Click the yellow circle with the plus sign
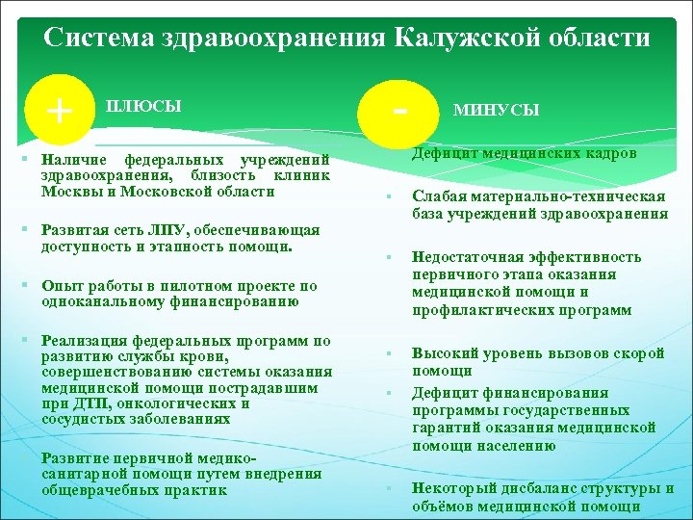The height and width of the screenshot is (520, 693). click(x=61, y=110)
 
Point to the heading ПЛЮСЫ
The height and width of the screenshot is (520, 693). click(x=143, y=104)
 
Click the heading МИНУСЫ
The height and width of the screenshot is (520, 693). click(x=496, y=111)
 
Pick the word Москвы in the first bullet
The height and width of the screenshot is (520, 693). click(x=69, y=191)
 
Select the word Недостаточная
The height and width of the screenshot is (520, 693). click(x=471, y=257)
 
